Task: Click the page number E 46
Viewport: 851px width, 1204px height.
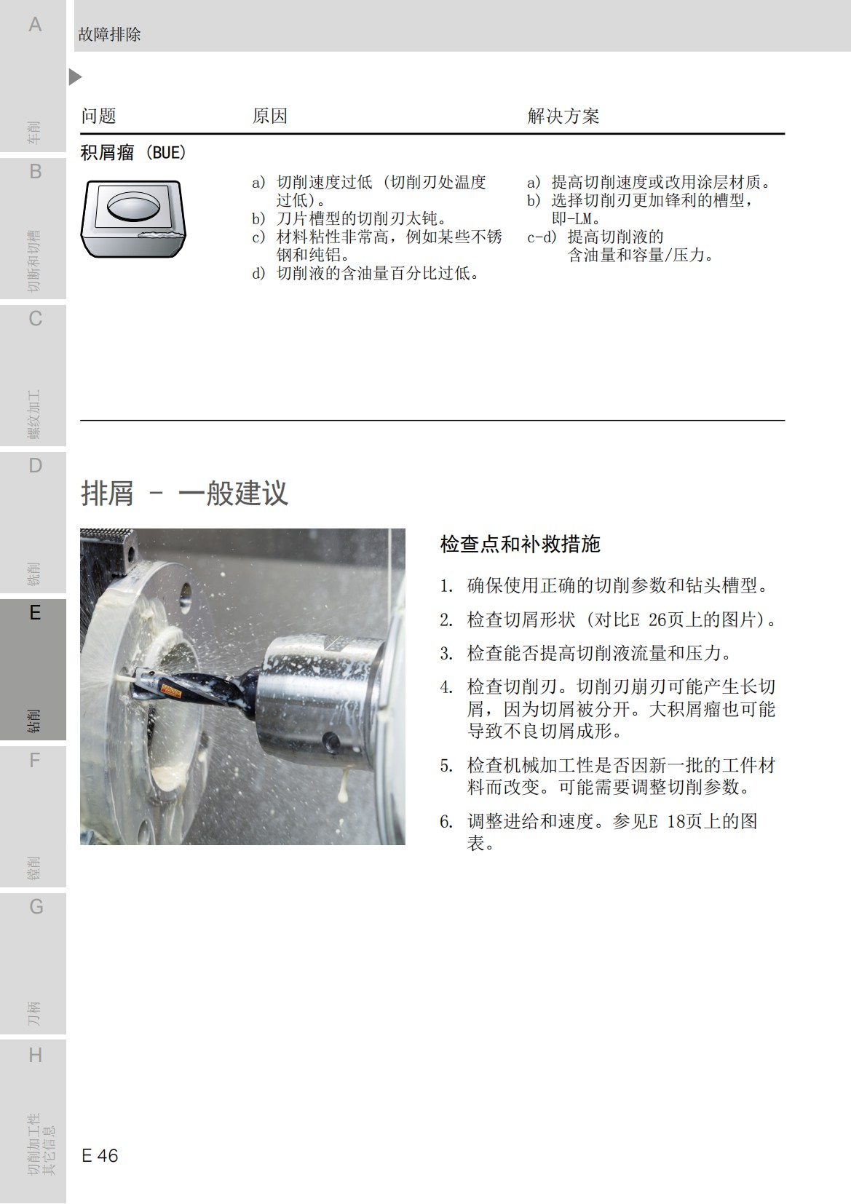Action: tap(100, 1155)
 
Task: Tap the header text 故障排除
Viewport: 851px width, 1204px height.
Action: tap(109, 34)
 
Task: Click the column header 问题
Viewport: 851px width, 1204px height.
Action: tap(98, 116)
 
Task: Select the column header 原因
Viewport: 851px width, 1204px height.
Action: tap(269, 116)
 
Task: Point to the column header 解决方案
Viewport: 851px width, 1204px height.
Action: tap(563, 116)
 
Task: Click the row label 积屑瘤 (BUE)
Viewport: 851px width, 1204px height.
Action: tap(133, 152)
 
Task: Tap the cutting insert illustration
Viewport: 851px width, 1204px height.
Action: tap(133, 218)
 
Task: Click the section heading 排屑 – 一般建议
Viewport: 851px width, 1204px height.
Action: tap(184, 493)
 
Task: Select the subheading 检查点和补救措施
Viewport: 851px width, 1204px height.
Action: tap(520, 544)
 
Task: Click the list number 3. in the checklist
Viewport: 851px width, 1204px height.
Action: tap(446, 654)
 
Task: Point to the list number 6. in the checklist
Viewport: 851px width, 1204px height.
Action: tap(446, 822)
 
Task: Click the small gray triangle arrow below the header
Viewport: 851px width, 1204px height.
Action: tap(75, 76)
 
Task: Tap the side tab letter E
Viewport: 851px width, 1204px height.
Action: tap(34, 613)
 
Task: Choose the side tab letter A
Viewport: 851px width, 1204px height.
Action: tap(34, 25)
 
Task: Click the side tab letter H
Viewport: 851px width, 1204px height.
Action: tap(35, 1055)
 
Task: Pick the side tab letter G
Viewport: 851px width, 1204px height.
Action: tap(36, 907)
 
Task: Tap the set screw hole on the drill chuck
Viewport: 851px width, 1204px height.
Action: tap(333, 740)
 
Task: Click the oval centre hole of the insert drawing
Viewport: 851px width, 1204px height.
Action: tap(132, 206)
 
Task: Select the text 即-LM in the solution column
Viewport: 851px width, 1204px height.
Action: tap(574, 218)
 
